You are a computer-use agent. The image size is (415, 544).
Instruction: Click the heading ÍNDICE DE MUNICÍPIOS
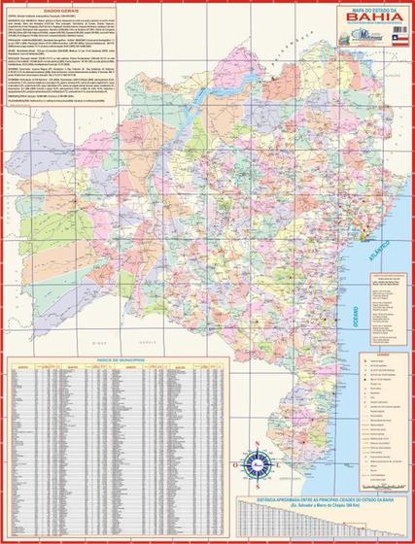(121, 358)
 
